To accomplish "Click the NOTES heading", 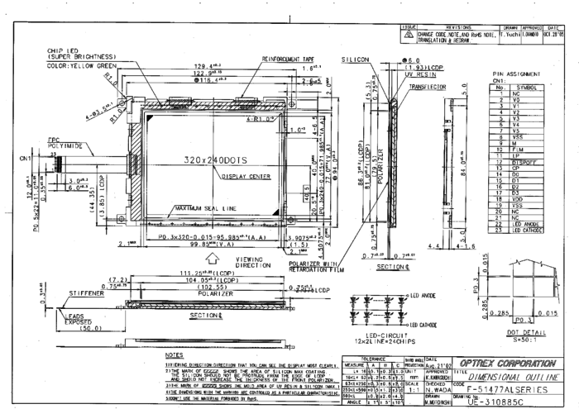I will [x=175, y=355].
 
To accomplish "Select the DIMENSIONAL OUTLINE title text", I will [x=512, y=374].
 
